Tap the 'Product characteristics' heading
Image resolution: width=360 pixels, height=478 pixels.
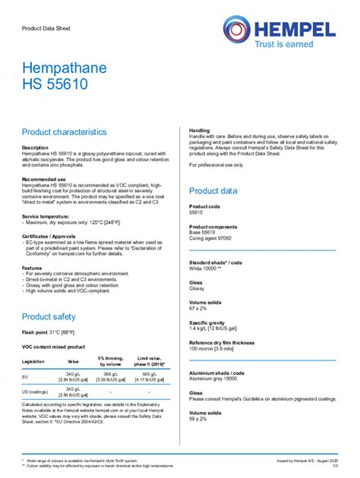(x=69, y=132)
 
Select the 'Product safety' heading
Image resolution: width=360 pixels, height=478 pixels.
(x=49, y=316)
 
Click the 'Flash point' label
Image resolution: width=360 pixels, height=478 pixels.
(x=36, y=333)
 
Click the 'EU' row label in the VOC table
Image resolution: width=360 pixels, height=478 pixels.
(x=25, y=376)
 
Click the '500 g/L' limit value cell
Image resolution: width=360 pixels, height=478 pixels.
(x=150, y=374)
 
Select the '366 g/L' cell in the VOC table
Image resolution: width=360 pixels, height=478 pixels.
(x=110, y=374)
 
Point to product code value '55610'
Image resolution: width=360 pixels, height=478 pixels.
(x=196, y=212)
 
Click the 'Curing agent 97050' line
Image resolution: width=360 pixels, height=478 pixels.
(x=210, y=238)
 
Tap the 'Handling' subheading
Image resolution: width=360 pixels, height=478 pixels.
(x=200, y=131)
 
